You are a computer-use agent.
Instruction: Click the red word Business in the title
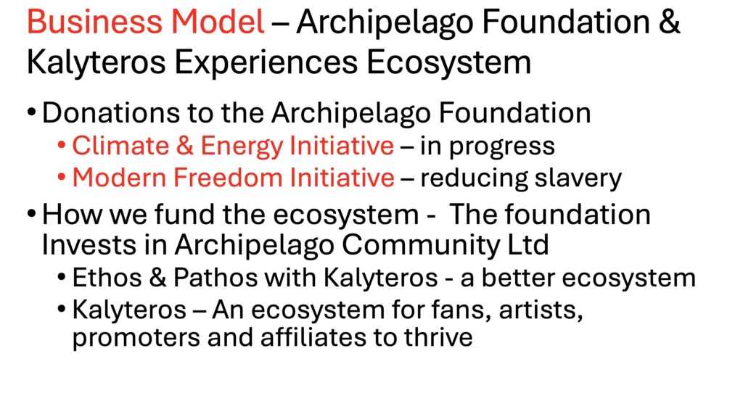coord(94,22)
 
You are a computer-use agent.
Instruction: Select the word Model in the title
coord(218,22)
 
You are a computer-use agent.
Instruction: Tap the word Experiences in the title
coord(266,62)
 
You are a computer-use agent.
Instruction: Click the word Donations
coord(111,112)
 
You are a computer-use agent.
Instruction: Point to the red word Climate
coord(120,145)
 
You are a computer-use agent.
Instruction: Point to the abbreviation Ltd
coord(528,245)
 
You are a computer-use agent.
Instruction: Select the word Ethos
coord(107,278)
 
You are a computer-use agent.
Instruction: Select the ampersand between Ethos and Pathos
coord(157,278)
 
